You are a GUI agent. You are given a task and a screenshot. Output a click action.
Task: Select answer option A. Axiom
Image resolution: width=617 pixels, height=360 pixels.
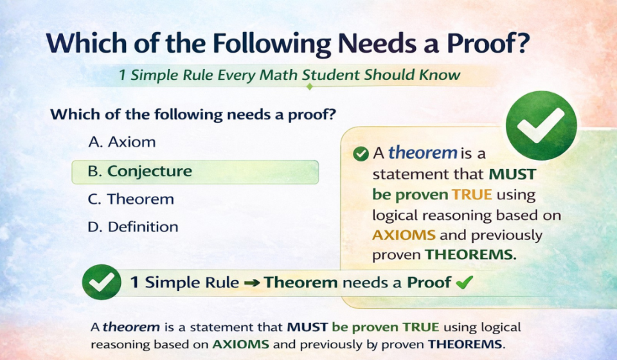click(121, 142)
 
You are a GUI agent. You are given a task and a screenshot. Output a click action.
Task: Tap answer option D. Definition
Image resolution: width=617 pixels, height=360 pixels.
click(133, 227)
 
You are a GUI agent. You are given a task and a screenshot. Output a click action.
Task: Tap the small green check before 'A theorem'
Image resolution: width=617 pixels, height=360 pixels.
click(361, 154)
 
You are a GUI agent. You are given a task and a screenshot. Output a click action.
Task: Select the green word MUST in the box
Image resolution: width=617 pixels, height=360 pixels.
click(512, 174)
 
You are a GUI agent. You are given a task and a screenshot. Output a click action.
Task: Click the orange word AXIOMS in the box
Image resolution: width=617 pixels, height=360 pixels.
click(404, 235)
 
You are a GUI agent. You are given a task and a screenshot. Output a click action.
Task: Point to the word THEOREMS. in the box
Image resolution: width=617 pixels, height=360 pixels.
click(470, 255)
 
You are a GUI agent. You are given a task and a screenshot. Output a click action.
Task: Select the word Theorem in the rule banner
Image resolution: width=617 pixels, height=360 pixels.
click(301, 282)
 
